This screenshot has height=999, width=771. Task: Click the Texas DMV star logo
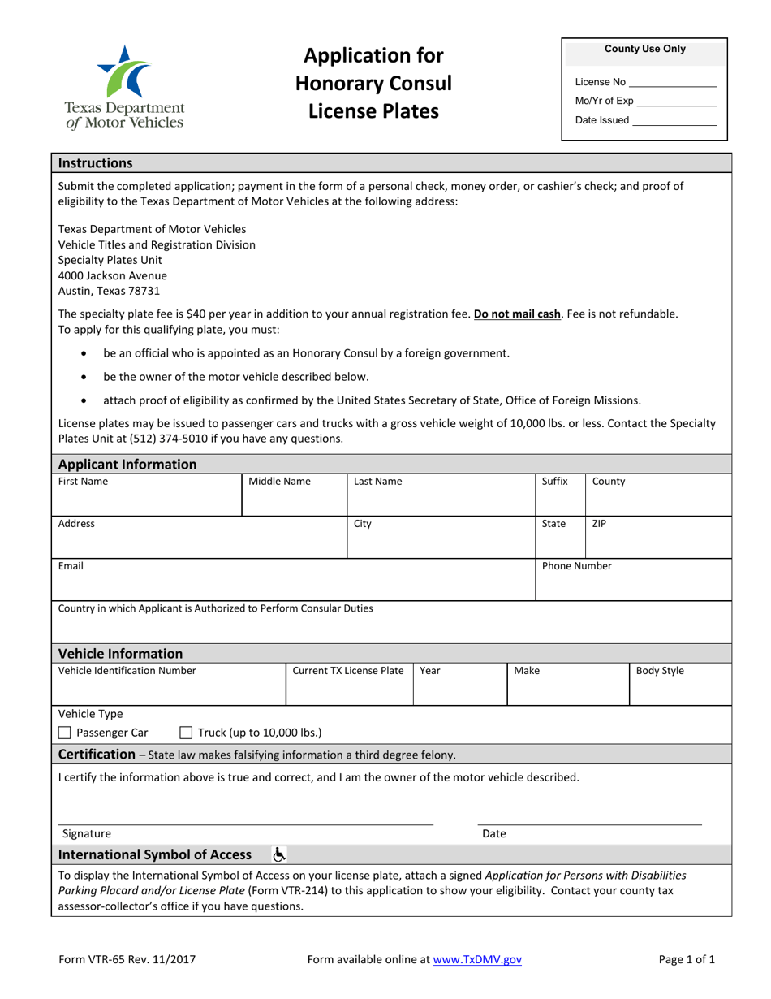click(124, 71)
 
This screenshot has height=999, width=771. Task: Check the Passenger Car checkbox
click(65, 733)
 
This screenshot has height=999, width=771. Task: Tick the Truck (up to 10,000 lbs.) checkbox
click(185, 733)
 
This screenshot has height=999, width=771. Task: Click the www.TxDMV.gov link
click(477, 959)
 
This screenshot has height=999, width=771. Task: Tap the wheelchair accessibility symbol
click(279, 854)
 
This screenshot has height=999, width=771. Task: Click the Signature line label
click(87, 833)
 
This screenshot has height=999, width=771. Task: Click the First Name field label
click(83, 482)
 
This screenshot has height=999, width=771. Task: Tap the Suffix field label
click(555, 482)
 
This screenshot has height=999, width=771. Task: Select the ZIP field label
click(599, 524)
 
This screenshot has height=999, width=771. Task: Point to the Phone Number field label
click(576, 566)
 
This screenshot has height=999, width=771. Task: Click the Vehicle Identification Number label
click(127, 671)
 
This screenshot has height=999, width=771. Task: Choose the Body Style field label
click(660, 671)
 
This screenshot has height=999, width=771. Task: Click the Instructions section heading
click(96, 162)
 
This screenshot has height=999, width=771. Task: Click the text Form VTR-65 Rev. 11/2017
click(127, 959)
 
